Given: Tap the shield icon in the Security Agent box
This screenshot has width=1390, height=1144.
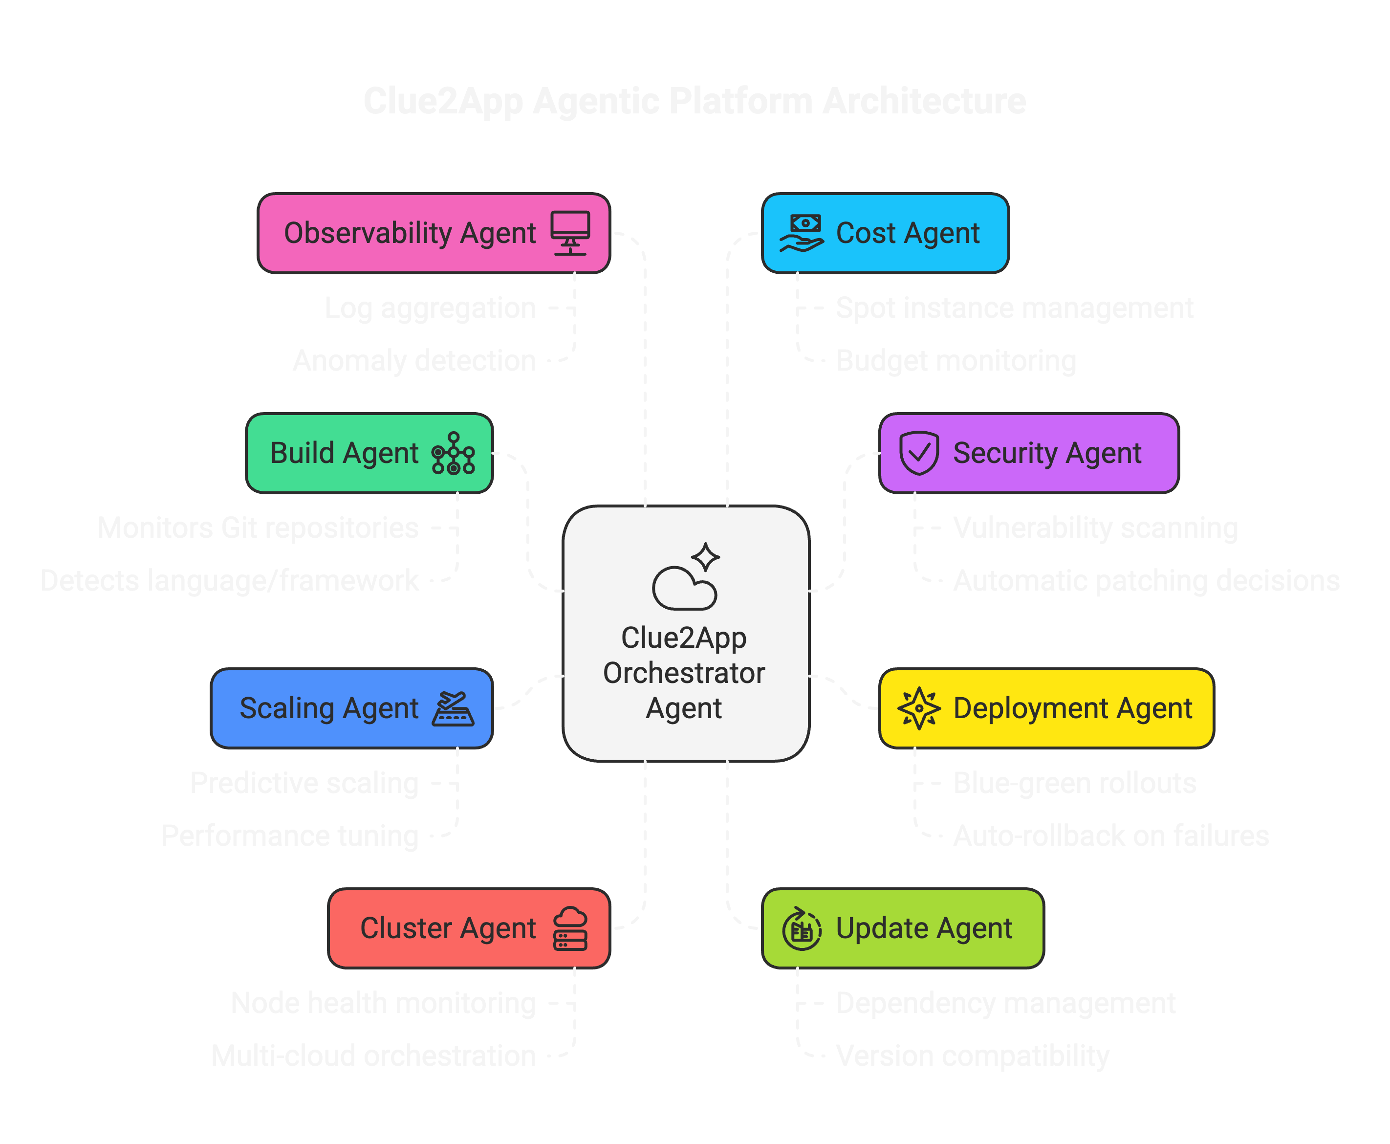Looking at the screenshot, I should pyautogui.click(x=919, y=453).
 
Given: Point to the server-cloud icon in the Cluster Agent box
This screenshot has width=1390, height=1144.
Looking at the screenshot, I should pyautogui.click(x=570, y=928).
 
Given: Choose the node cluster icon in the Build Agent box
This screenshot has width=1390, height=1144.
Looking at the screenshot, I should pyautogui.click(x=453, y=453).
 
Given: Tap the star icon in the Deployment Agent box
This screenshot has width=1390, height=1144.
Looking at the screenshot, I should pyautogui.click(x=919, y=708).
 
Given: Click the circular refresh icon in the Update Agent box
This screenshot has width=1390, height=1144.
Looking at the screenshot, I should pyautogui.click(x=801, y=928).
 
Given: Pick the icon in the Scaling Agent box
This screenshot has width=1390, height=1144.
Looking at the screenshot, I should pyautogui.click(x=453, y=708).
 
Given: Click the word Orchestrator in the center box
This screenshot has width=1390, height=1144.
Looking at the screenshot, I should pyautogui.click(x=684, y=673).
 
